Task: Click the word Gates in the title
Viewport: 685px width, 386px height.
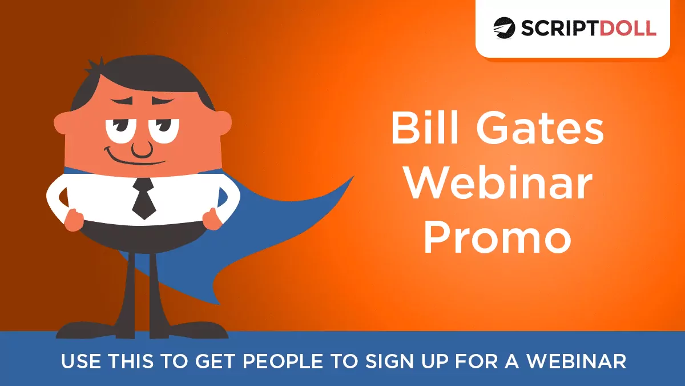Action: pos(540,128)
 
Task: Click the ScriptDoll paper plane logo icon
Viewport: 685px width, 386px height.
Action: pos(504,28)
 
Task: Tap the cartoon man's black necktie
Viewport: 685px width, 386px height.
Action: pos(144,198)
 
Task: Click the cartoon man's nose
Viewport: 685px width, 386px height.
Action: pos(142,149)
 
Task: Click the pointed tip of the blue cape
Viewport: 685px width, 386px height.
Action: pos(353,177)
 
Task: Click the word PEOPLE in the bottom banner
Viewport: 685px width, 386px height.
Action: pos(283,361)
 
